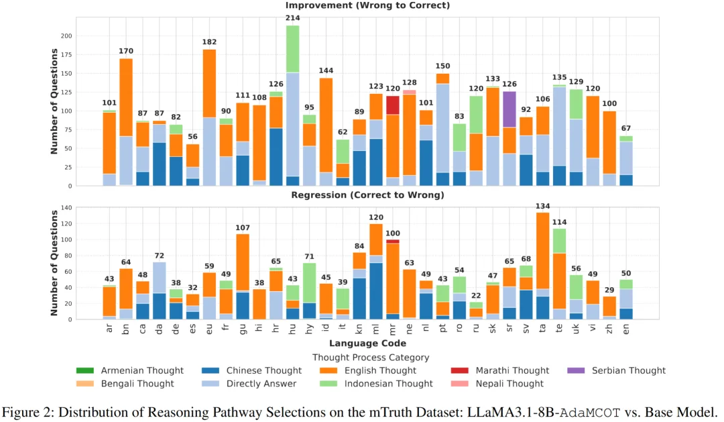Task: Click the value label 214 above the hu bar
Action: tap(293, 18)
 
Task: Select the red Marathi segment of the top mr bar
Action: tap(392, 105)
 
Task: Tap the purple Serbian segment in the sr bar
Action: tap(509, 109)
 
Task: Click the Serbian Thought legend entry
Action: tap(628, 370)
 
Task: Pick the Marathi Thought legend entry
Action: tap(512, 370)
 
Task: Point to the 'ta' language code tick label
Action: tap(542, 329)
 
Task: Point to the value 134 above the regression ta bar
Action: tap(542, 206)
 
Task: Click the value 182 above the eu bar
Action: tap(209, 42)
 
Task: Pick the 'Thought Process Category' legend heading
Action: tap(371, 358)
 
